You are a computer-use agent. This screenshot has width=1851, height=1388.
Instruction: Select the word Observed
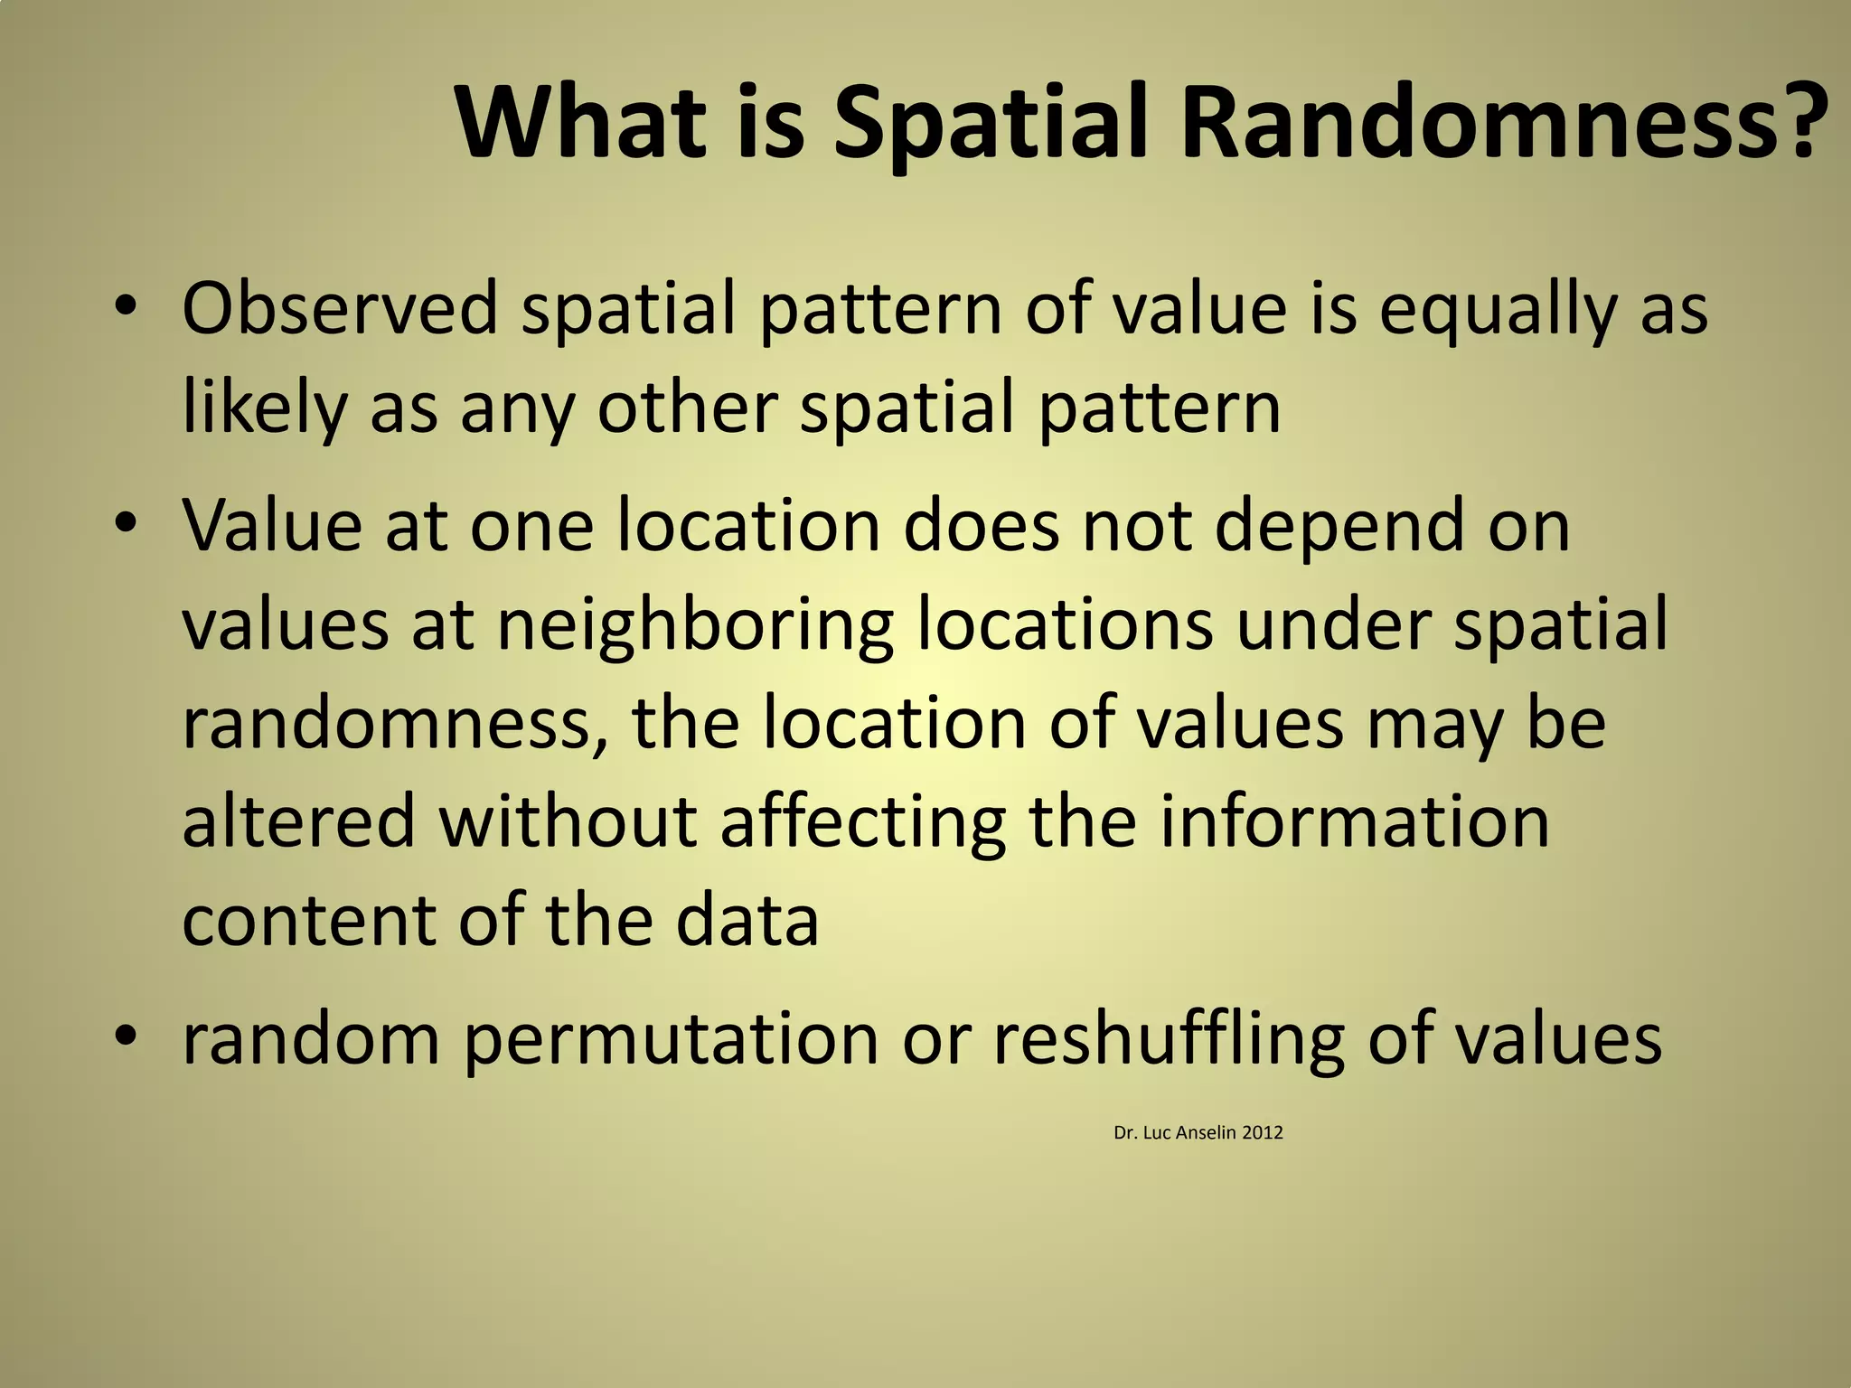coord(340,309)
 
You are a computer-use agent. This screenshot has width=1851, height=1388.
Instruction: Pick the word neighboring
coord(695,627)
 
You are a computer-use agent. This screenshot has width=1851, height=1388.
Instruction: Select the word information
coord(1355,821)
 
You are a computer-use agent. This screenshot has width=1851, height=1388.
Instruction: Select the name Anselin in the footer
coord(1206,1133)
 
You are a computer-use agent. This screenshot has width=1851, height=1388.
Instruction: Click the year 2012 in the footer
coord(1263,1133)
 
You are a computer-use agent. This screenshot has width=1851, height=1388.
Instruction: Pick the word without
coord(568,821)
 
